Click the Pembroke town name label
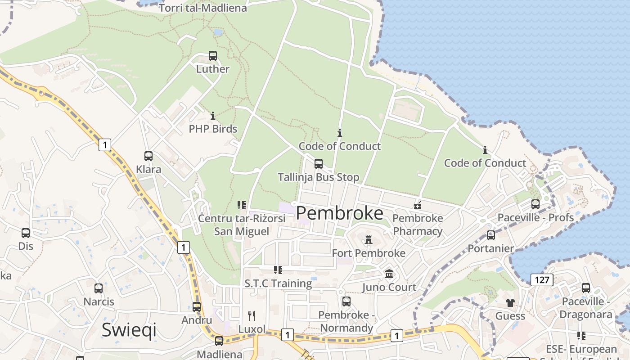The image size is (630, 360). coord(340,213)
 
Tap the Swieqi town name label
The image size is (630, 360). coord(129,329)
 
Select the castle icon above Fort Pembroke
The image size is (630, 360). coord(369,239)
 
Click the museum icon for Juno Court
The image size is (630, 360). coord(389,274)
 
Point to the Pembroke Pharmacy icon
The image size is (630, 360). coord(418,205)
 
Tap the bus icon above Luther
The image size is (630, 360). coord(213,56)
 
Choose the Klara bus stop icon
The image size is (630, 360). coord(148,156)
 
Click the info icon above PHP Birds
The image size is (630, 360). coord(213,116)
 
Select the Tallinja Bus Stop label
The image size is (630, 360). coord(319,177)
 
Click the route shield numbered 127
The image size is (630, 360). coord(542,280)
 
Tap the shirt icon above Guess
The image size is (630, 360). coord(510,302)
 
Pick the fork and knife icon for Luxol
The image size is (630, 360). coord(252,316)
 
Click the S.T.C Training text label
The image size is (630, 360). coord(278,283)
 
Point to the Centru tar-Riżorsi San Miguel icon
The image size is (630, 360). coord(242,205)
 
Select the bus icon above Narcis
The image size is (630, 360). coord(99,288)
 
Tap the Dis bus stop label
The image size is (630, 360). coord(26,246)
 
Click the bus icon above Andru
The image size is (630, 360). coord(197,307)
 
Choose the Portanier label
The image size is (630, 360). coord(490,248)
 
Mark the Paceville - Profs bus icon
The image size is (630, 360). coord(535,204)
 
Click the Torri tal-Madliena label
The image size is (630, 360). coord(203,8)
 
